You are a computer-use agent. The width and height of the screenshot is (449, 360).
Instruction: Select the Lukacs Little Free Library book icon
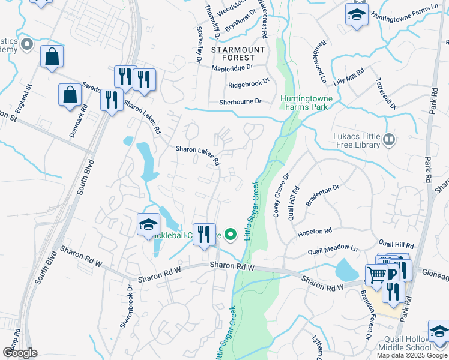point(389,140)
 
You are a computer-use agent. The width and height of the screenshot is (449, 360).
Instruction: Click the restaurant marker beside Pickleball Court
point(204,234)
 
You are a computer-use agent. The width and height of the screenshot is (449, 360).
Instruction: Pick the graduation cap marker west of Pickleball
point(148,225)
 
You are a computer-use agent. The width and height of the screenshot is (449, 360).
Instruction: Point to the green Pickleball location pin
point(230,234)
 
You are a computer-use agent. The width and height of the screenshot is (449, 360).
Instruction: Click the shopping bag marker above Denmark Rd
point(70,95)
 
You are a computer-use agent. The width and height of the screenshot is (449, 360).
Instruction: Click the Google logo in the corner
point(20,352)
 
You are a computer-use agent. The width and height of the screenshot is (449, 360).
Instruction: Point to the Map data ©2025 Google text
point(411,355)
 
